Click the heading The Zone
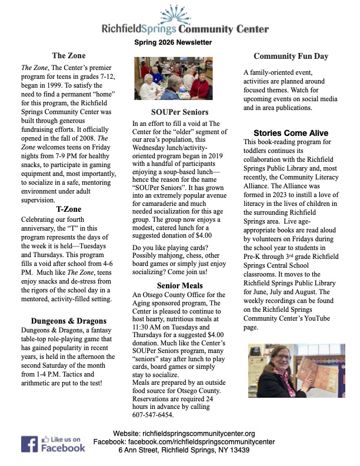(x=68, y=56)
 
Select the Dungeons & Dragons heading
(x=68, y=321)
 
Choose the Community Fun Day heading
(x=291, y=56)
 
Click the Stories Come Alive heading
(x=291, y=133)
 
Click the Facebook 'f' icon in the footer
(x=30, y=444)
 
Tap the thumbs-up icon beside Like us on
(x=46, y=439)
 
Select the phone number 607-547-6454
(x=154, y=414)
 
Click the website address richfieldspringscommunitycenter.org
(x=201, y=433)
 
